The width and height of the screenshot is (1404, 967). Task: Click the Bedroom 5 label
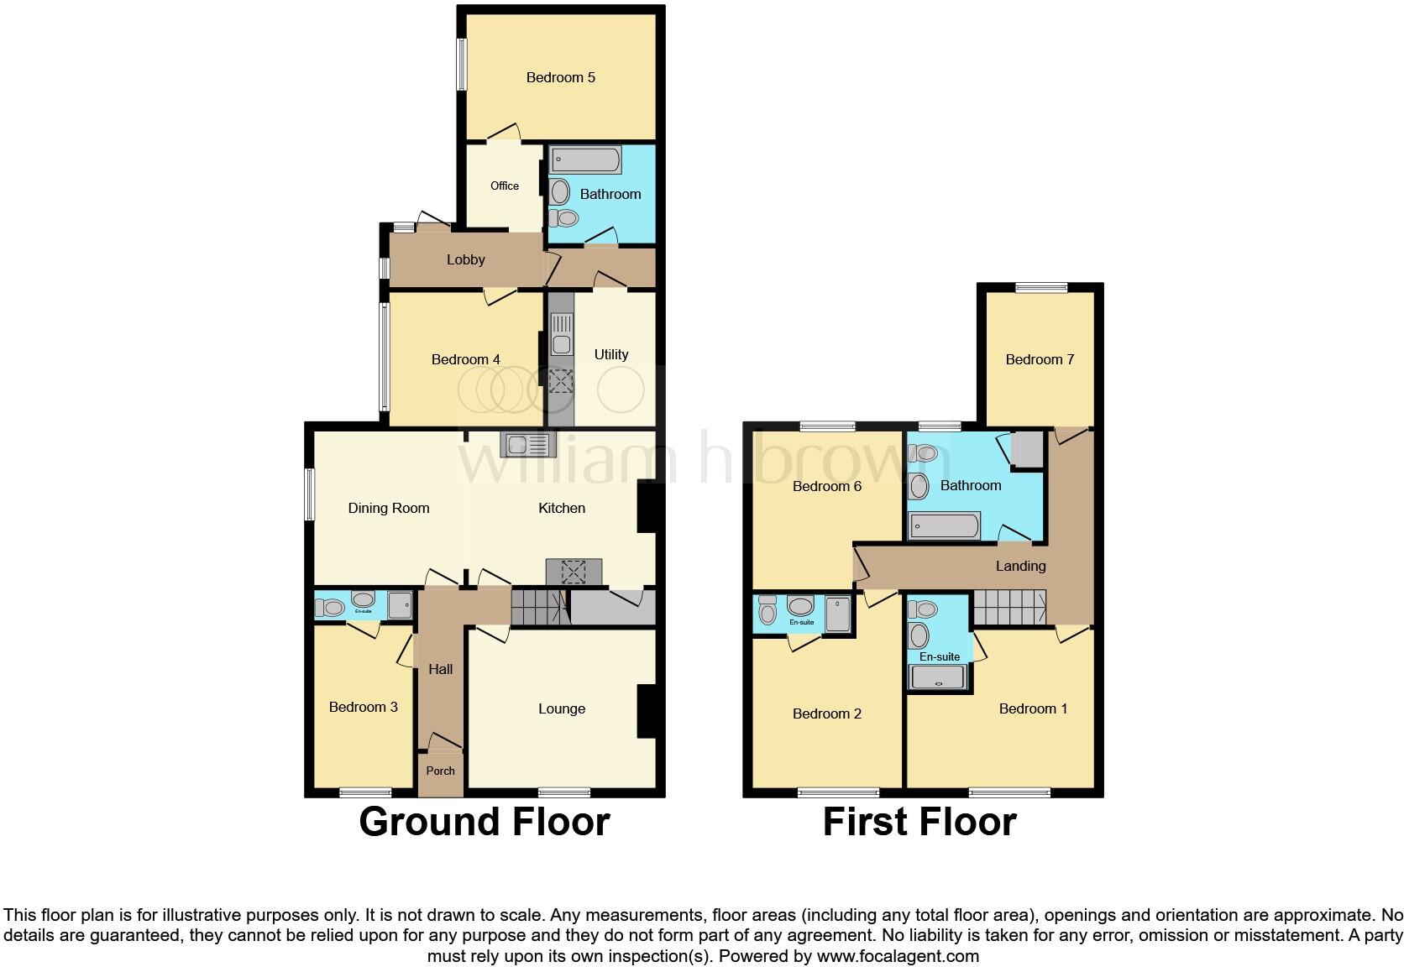click(x=560, y=77)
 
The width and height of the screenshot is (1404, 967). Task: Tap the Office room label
click(x=505, y=186)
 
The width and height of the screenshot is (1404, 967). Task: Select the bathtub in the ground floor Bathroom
click(x=586, y=160)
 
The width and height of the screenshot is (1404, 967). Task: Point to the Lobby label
click(x=465, y=259)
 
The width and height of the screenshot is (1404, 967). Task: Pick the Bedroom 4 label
click(x=465, y=359)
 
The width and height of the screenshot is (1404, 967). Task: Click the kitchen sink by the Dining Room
click(x=525, y=444)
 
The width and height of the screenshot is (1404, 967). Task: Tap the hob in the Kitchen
click(x=574, y=572)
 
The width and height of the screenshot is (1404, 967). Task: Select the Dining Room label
click(x=388, y=508)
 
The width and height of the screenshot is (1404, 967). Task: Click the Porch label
click(x=440, y=771)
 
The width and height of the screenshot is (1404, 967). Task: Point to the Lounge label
click(x=561, y=708)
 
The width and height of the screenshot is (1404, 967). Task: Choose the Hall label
click(x=440, y=669)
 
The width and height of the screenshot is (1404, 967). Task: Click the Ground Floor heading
click(x=484, y=822)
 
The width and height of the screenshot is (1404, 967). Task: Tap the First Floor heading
click(x=919, y=822)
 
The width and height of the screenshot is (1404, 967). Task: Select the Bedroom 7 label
click(x=1040, y=359)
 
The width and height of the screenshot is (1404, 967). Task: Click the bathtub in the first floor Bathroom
click(x=945, y=526)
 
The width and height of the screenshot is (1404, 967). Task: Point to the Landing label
click(x=1020, y=566)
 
